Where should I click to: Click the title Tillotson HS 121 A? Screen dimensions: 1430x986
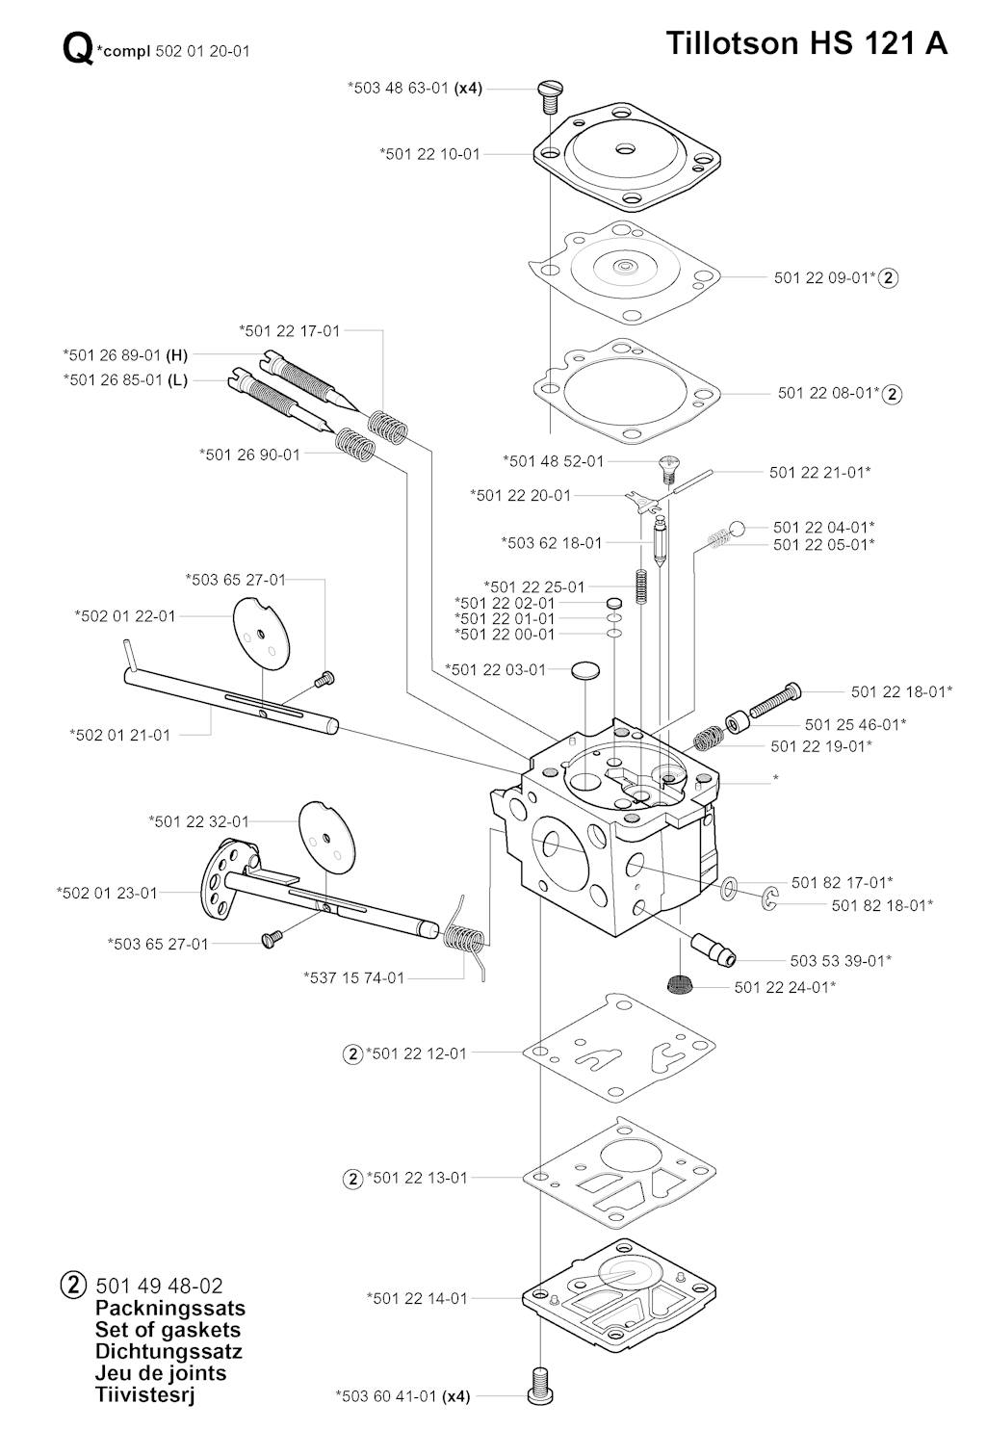pyautogui.click(x=806, y=43)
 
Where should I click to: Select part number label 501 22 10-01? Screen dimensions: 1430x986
pyautogui.click(x=429, y=154)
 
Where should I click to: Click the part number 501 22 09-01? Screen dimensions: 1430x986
pyautogui.click(x=824, y=277)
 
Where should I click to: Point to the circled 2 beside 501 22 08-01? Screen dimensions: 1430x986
pyautogui.click(x=893, y=394)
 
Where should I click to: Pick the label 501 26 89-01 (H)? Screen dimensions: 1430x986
pyautogui.click(x=125, y=355)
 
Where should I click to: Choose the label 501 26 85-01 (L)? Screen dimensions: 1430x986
pyautogui.click(x=125, y=380)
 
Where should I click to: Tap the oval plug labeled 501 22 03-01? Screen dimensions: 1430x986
pyautogui.click(x=585, y=670)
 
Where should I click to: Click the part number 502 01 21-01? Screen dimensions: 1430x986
pyautogui.click(x=119, y=735)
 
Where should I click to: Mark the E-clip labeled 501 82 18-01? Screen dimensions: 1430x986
pyautogui.click(x=770, y=900)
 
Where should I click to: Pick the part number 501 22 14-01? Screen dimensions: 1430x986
pyautogui.click(x=416, y=1298)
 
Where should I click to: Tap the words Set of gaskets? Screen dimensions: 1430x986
pyautogui.click(x=168, y=1330)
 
